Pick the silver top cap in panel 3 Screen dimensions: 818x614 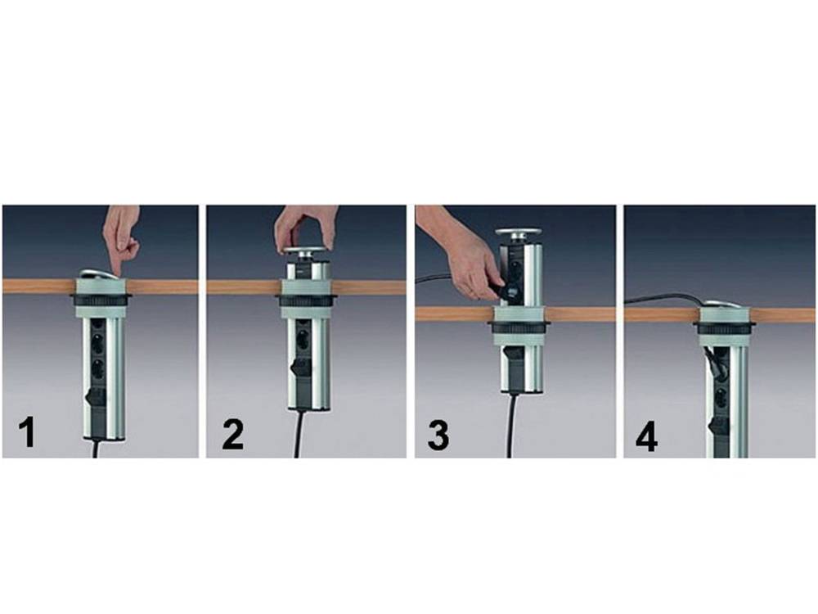pyautogui.click(x=518, y=234)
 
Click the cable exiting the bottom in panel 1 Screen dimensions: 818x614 pyautogui.click(x=96, y=449)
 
